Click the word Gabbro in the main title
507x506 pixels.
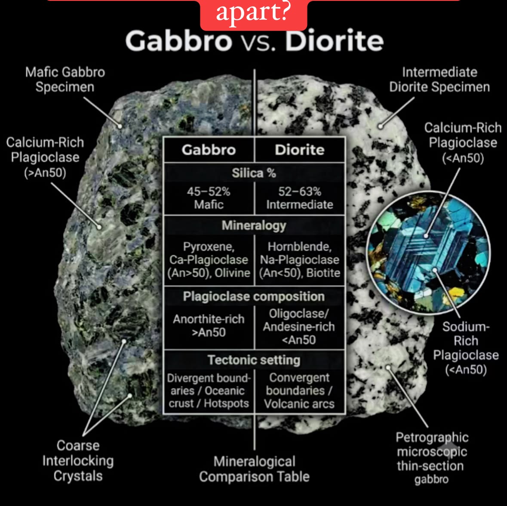click(179, 40)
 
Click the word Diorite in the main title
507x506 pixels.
click(334, 40)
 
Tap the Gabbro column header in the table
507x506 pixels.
click(209, 150)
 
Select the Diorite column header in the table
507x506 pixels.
click(300, 150)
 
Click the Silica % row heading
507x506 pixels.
click(254, 173)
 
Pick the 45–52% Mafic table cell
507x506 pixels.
click(209, 198)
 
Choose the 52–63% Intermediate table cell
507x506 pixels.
click(300, 198)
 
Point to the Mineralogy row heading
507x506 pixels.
click(254, 225)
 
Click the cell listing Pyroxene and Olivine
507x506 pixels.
click(209, 260)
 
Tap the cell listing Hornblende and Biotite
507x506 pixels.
click(300, 260)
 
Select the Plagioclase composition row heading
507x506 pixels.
click(254, 296)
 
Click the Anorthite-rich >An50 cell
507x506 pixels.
click(209, 325)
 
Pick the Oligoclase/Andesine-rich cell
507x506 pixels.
click(299, 327)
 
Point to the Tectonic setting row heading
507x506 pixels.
click(254, 360)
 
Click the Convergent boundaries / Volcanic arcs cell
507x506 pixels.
click(299, 391)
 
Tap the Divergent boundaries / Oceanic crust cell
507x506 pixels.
click(209, 391)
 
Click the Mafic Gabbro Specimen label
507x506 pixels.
click(65, 80)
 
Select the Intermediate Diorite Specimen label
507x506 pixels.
click(439, 80)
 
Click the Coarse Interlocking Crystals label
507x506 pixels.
click(78, 461)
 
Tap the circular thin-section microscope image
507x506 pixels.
click(428, 253)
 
